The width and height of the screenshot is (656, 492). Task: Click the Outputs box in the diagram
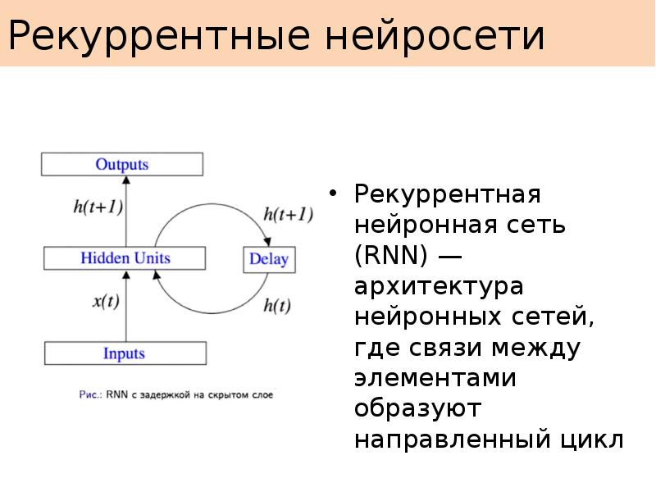coord(122,164)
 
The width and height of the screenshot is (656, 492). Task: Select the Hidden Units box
coord(125,258)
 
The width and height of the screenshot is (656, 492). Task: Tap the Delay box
coord(269,260)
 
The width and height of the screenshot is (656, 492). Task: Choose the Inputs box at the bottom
coord(124,353)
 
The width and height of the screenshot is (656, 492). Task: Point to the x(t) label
coord(106,301)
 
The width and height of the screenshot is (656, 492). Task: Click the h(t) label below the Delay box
coord(277,306)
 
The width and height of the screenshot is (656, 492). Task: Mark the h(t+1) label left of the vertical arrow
coord(98,207)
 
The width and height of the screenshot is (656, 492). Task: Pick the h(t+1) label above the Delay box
coord(288,215)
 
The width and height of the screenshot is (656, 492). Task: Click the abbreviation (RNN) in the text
coord(390,256)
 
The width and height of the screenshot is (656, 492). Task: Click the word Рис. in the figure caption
coord(89,394)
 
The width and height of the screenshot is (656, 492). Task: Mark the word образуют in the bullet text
coord(417,408)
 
